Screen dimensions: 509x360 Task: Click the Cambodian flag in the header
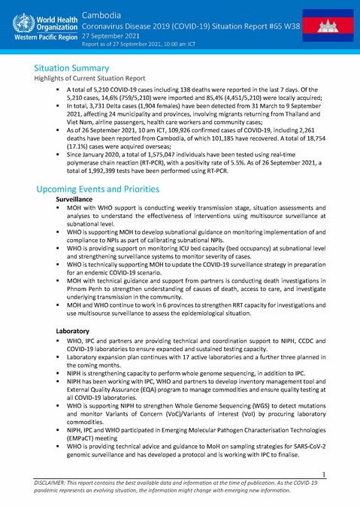point(332,25)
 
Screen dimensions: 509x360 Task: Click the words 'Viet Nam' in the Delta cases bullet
point(83,118)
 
